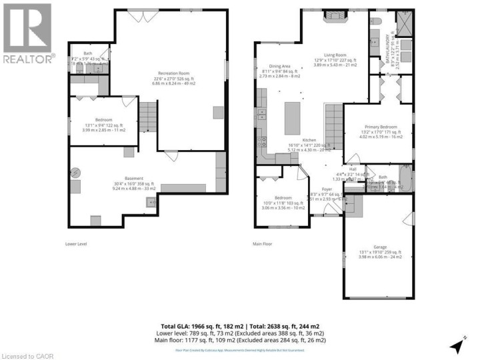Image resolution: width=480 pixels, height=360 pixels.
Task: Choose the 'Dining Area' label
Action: [x=279, y=66]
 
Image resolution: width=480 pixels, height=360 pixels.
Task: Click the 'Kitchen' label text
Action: [x=309, y=140]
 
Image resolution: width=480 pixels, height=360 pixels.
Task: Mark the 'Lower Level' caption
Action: [x=76, y=244]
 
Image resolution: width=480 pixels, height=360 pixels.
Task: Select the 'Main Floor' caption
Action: [x=263, y=244]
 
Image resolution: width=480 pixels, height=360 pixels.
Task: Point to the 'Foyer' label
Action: [x=327, y=189]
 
